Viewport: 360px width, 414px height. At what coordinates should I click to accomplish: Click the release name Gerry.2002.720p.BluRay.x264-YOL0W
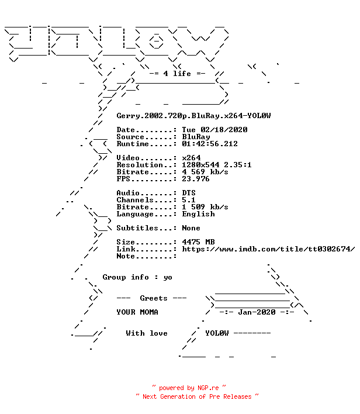(193, 116)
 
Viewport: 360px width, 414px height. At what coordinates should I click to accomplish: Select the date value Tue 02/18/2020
(214, 130)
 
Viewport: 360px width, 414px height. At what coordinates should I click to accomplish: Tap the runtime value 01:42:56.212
(210, 144)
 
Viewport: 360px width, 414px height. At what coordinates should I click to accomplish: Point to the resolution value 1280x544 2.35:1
(217, 165)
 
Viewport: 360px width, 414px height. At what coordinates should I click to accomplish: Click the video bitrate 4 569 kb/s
(205, 172)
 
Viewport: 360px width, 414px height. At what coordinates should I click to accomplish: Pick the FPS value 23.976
(196, 179)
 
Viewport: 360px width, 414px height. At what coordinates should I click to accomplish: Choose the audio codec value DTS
(189, 193)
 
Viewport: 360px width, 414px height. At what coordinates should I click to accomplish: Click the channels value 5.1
(189, 200)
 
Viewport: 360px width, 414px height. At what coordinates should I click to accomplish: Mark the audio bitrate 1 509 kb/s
(205, 207)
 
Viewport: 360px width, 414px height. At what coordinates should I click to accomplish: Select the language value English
(198, 214)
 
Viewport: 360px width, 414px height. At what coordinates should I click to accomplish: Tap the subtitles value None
(191, 228)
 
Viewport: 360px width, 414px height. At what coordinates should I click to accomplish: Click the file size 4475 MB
(198, 242)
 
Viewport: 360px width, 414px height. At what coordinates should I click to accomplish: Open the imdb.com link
(268, 249)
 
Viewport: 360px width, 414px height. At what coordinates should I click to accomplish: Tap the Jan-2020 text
(257, 312)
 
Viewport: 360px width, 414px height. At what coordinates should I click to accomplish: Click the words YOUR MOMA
(137, 312)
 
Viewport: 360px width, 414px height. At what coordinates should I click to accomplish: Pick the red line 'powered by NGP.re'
(189, 388)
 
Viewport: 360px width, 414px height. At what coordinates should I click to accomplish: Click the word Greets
(154, 298)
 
